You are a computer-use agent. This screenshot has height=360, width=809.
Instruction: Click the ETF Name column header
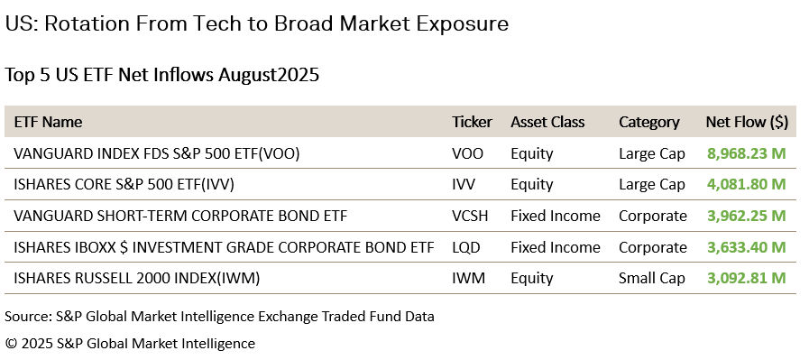[x=48, y=122]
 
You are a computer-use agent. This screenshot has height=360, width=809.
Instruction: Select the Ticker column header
[x=472, y=122]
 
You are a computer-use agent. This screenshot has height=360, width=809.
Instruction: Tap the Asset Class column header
[x=547, y=122]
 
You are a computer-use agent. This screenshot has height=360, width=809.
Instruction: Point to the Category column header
[x=648, y=122]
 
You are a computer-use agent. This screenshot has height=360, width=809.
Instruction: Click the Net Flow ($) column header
[x=748, y=122]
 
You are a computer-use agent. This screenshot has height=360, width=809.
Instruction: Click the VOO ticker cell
[x=467, y=153]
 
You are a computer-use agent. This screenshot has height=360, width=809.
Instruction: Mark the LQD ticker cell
[x=466, y=247]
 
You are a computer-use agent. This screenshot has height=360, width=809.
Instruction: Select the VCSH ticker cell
[x=471, y=216]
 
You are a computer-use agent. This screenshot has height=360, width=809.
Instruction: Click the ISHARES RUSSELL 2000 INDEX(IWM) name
[x=137, y=279]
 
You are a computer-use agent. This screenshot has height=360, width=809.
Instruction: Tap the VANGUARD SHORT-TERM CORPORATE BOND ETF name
[x=180, y=216]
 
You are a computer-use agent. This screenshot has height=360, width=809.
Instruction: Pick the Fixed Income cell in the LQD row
[x=555, y=247]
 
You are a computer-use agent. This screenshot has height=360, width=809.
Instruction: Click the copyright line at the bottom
[x=130, y=344]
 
